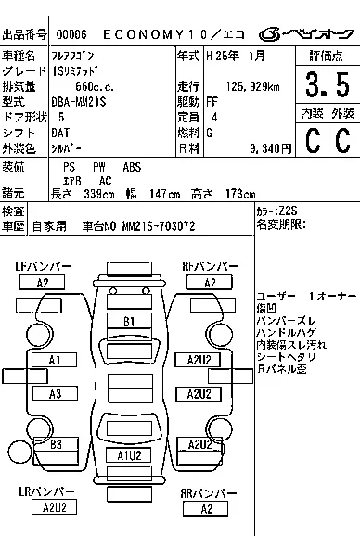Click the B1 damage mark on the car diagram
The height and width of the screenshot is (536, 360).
click(x=130, y=321)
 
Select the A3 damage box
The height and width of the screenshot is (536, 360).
click(x=55, y=394)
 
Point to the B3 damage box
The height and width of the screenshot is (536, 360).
click(x=55, y=444)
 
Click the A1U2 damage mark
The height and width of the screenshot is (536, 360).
click(x=129, y=455)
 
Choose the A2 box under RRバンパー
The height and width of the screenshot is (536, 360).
click(x=207, y=508)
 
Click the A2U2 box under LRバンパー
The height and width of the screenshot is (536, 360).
click(x=54, y=506)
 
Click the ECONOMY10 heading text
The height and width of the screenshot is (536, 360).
click(x=166, y=35)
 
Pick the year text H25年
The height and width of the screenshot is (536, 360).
click(x=221, y=57)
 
